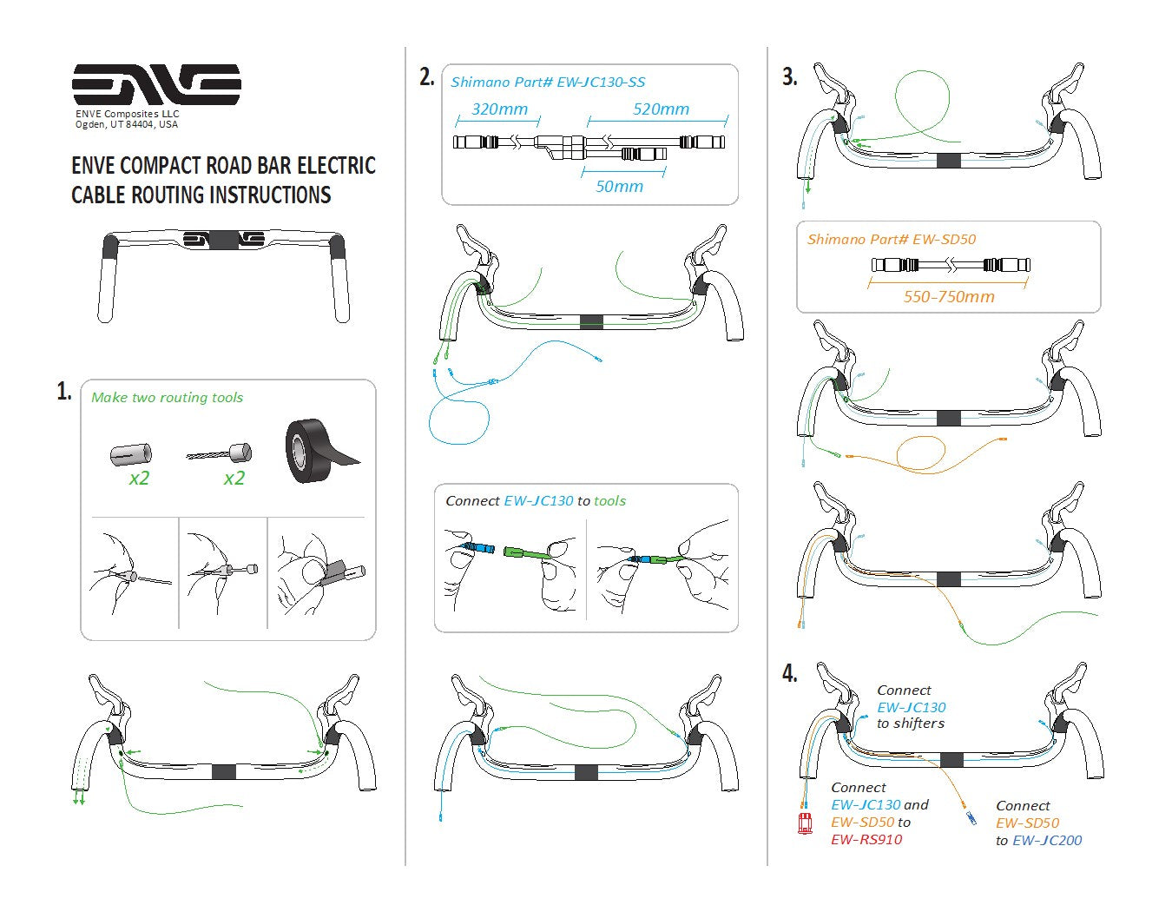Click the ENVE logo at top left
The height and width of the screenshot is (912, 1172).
point(156,84)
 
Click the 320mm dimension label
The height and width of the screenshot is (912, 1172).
point(499,109)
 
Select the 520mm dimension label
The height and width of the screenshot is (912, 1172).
point(661,109)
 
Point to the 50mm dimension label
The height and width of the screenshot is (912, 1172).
point(619,187)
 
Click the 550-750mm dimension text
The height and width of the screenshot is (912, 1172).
point(948,297)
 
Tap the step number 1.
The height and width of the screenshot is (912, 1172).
point(64,392)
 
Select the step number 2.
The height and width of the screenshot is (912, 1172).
point(426,77)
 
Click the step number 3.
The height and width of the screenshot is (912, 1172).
point(789,77)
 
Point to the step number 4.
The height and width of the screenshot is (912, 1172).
point(789,674)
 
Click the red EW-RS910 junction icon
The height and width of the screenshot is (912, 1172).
point(806,823)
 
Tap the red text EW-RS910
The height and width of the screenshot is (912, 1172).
point(866,840)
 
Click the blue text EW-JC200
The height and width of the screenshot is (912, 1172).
point(1047,840)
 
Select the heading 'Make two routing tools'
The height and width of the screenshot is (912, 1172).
point(167,398)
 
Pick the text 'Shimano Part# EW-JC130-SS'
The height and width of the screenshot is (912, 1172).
point(548,83)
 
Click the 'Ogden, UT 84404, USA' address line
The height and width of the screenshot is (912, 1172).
point(127,124)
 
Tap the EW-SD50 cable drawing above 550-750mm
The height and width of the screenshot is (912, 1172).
point(950,266)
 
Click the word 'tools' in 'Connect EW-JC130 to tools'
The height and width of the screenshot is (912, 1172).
point(609,501)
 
